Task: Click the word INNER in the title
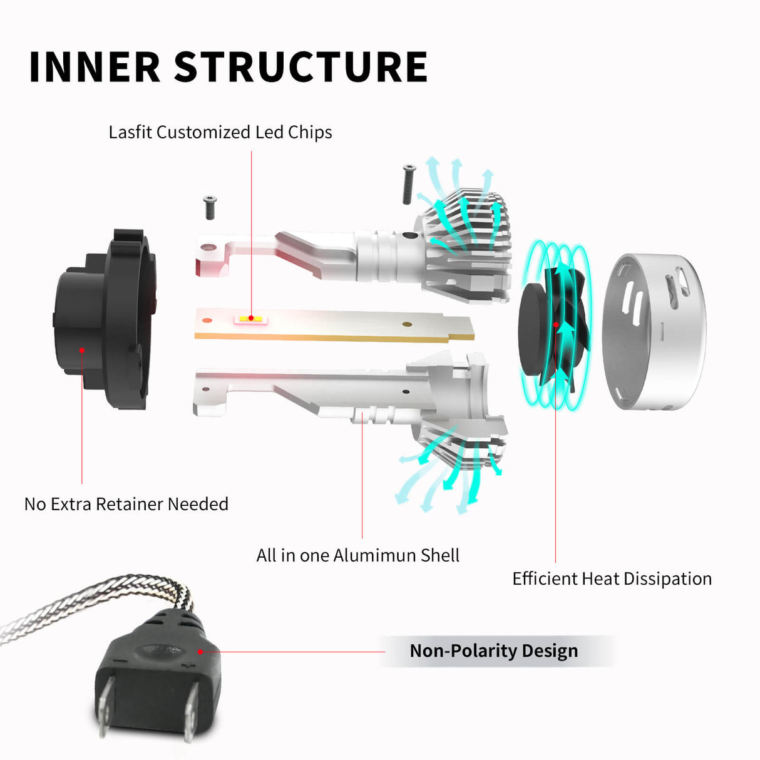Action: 95,67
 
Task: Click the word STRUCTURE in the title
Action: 300,67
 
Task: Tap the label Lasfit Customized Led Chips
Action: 220,133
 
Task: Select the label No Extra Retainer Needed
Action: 126,504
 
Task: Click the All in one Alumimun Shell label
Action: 357,555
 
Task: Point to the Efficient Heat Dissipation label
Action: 612,578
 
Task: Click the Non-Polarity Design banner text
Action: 493,651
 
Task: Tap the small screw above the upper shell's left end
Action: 210,207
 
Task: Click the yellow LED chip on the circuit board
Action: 250,319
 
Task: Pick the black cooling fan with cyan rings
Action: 554,326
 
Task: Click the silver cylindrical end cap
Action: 654,332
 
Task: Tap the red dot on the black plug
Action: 200,651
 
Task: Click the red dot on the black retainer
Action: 82,349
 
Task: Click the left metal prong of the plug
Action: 105,707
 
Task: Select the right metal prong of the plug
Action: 191,714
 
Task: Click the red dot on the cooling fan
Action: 556,325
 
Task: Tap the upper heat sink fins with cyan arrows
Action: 470,225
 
